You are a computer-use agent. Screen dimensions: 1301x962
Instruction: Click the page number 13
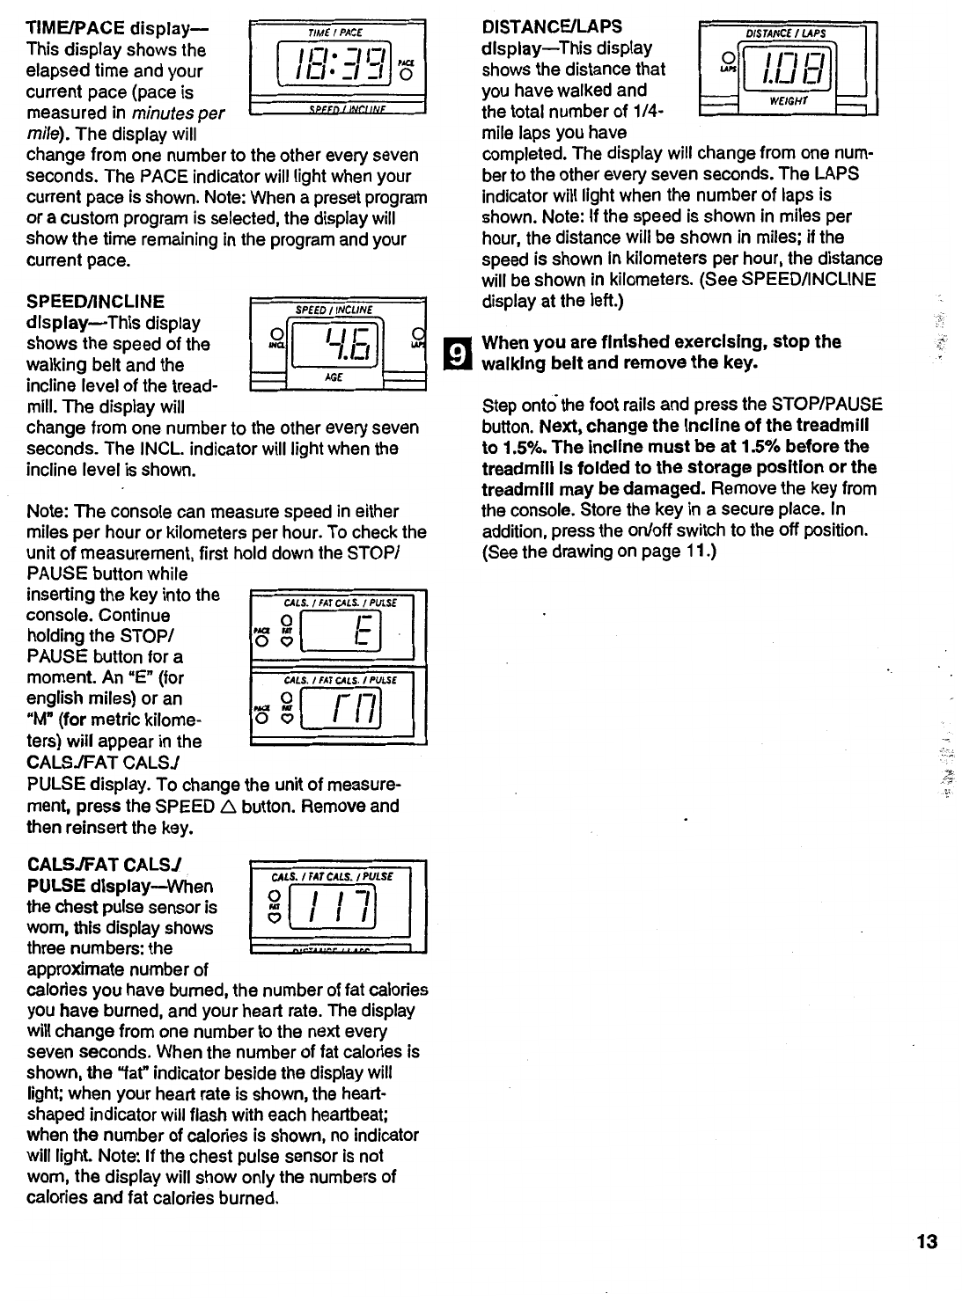(927, 1242)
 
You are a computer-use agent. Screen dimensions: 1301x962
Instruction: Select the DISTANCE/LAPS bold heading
(552, 27)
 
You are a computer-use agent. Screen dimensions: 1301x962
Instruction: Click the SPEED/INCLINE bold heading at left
(96, 303)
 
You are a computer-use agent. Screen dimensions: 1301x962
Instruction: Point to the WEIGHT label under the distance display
(783, 101)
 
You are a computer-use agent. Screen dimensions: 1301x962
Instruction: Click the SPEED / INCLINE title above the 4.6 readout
(334, 310)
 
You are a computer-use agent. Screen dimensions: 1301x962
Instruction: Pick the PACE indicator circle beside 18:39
(407, 73)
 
